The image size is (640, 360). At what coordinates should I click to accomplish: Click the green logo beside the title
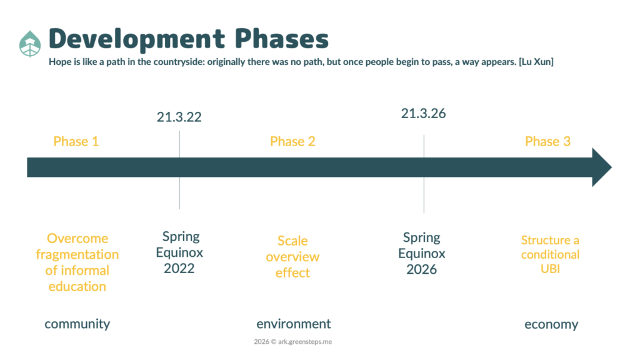point(30,44)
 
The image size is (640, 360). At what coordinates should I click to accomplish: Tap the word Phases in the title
point(282,38)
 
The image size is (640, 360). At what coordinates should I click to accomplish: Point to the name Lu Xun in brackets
point(536,62)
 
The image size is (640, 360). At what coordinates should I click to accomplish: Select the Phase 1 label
point(76,141)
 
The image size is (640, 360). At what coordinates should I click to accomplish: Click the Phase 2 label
point(292,141)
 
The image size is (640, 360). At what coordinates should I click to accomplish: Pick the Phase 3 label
point(547,141)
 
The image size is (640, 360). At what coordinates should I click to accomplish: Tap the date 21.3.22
point(179,117)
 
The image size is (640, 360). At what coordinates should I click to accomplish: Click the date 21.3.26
point(423,114)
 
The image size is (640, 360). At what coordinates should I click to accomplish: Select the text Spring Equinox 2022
point(179,252)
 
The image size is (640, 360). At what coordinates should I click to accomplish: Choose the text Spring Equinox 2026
point(422,254)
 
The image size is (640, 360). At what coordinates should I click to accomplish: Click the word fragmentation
point(77,255)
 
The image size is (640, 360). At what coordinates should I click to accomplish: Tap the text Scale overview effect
point(292,257)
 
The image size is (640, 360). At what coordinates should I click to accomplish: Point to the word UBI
point(550,269)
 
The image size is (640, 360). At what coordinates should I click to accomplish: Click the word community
point(77,324)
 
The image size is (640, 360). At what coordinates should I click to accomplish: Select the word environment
point(294,324)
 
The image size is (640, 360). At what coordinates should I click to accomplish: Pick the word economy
point(551,324)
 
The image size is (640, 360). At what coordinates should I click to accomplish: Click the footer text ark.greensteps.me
point(305,342)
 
